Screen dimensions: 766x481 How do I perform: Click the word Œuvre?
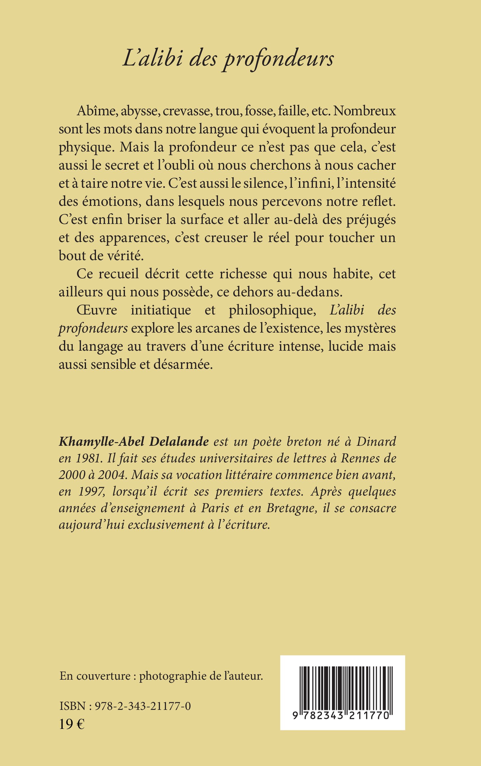(x=97, y=310)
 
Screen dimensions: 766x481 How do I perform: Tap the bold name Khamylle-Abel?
(x=102, y=442)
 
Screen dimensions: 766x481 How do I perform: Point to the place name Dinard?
(x=376, y=442)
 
